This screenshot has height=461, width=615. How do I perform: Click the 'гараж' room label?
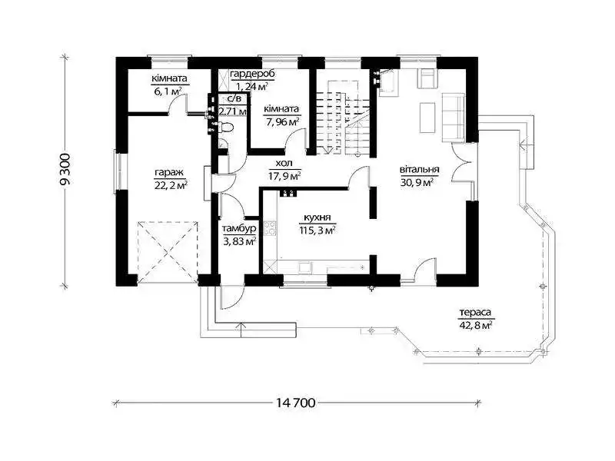click(x=169, y=172)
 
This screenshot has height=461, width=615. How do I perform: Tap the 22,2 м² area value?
click(x=171, y=184)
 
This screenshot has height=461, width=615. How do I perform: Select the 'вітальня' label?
click(x=419, y=170)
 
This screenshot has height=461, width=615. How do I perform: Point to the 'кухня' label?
click(x=317, y=218)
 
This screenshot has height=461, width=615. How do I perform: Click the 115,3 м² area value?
click(x=317, y=230)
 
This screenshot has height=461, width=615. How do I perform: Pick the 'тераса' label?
click(x=475, y=313)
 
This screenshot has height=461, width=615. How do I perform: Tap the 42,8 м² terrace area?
click(x=475, y=325)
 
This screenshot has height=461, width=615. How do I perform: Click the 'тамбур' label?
click(x=240, y=228)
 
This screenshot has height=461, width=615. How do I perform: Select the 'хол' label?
click(x=284, y=164)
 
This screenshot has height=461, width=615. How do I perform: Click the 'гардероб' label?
click(x=252, y=74)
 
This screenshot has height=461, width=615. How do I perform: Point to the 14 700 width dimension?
click(x=295, y=403)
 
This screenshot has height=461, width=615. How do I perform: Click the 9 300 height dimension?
click(x=65, y=169)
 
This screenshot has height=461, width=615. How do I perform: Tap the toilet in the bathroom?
click(x=226, y=127)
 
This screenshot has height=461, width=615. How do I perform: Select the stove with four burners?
click(x=270, y=228)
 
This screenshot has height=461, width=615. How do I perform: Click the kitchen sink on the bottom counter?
click(x=304, y=267)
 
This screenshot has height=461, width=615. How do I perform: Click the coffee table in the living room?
click(x=427, y=118)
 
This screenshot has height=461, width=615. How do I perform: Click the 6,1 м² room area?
click(x=169, y=91)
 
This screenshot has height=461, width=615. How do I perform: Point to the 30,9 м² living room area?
click(x=417, y=182)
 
